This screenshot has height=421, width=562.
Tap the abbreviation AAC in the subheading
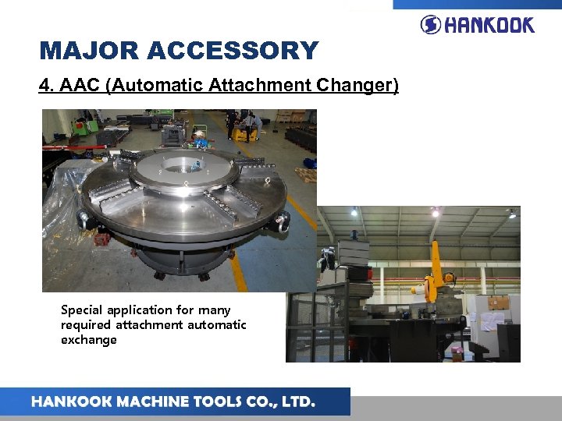click(x=80, y=84)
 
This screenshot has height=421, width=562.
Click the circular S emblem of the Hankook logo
click(x=431, y=24)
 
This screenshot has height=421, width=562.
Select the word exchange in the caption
click(x=89, y=340)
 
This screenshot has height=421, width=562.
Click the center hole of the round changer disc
click(x=181, y=165)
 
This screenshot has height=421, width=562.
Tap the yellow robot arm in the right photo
click(x=434, y=269)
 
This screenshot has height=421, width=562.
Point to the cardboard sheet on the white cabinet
click(x=497, y=302)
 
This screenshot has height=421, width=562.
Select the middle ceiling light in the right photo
click(x=435, y=212)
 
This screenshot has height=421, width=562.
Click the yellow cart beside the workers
click(x=244, y=134)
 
